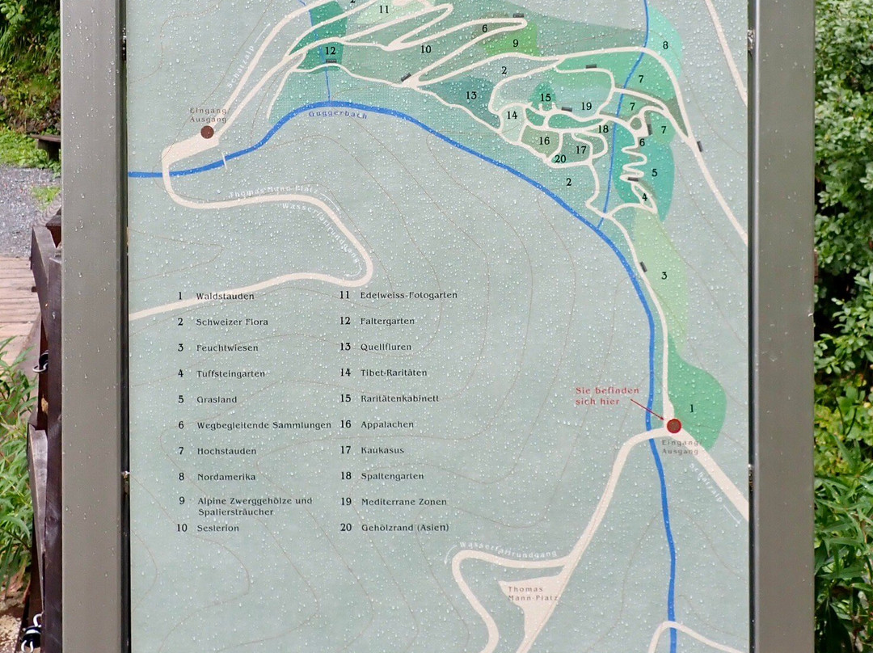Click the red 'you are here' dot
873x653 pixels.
673,426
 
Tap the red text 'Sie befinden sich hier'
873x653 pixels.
606,395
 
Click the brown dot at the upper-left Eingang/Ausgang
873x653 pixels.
207,132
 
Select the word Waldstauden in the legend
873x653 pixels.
225,297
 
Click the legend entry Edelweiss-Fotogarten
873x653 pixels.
408,295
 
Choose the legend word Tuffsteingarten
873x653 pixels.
231,373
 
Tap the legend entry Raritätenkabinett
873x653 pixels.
400,398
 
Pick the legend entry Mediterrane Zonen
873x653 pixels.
403,502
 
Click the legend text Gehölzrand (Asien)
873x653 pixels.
404,528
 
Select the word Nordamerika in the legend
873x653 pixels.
226,477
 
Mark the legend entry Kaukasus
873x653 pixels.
382,450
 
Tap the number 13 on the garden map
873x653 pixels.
470,95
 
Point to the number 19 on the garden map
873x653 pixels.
586,106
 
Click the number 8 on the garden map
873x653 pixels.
665,45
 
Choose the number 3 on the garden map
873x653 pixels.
664,276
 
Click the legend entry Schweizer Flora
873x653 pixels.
232,322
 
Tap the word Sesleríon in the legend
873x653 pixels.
218,528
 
